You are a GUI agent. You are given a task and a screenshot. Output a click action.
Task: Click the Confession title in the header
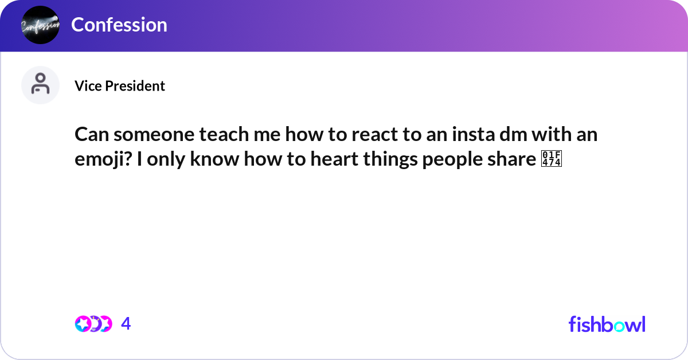click(119, 25)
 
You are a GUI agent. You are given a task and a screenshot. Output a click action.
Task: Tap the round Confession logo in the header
click(40, 25)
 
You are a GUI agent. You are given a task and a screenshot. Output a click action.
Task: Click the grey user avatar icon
click(40, 85)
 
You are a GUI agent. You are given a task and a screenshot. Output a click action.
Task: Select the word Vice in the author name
click(85, 86)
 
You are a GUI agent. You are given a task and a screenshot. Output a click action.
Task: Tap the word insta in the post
click(470, 136)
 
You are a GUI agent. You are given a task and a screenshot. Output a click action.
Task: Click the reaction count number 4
click(126, 324)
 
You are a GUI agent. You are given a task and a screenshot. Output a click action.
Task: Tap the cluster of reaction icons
click(93, 324)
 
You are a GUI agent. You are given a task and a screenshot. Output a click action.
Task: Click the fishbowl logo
click(607, 324)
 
